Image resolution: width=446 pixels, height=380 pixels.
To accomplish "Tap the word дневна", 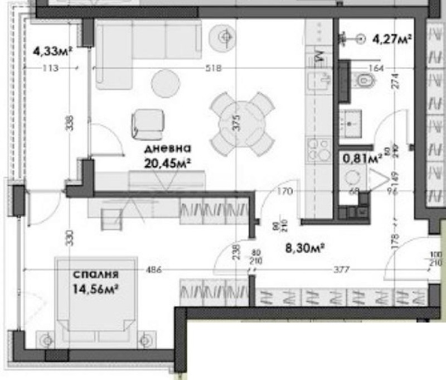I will pyautogui.click(x=168, y=149).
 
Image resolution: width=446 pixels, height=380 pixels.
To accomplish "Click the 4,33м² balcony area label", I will pyautogui.click(x=54, y=51).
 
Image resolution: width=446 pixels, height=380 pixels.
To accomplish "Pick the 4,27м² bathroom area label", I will pyautogui.click(x=392, y=39).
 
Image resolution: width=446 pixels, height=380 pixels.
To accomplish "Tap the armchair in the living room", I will pyautogui.click(x=148, y=123).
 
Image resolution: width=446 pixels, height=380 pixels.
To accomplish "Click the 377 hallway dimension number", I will pyautogui.click(x=341, y=270).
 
